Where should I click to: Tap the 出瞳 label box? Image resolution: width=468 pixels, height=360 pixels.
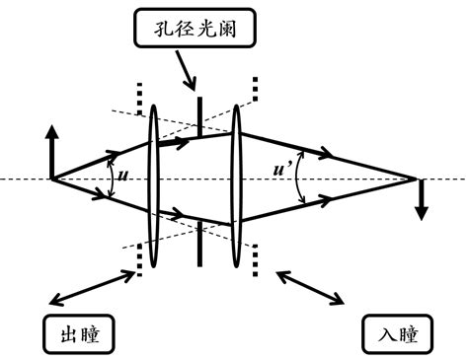coord(78,334)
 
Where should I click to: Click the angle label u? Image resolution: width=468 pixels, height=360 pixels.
coord(122,177)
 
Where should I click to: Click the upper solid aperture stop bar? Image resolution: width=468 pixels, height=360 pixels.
coord(200,116)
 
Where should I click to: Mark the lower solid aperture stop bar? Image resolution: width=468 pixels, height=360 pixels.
coord(200,243)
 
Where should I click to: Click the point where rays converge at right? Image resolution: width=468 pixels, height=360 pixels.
coord(413,179)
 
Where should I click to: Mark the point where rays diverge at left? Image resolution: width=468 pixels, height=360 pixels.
coord(52,179)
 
